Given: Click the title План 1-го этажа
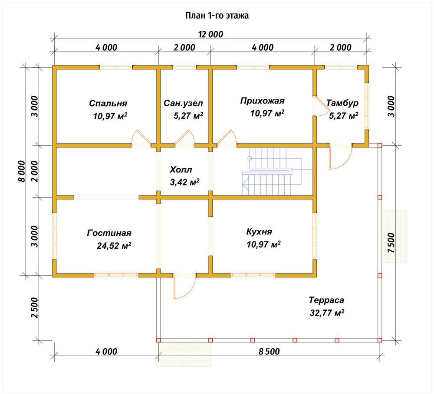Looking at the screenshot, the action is [217, 16].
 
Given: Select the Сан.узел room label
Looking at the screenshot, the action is [183, 103].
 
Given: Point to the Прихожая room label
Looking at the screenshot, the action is [262, 101].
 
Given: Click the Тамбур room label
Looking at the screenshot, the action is [342, 103].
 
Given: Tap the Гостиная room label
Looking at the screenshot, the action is [109, 233].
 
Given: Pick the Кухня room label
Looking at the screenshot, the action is [259, 231].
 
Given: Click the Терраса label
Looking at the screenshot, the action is [326, 300].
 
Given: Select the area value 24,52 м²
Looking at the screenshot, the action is [114, 245].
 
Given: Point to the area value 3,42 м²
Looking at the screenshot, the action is [184, 182].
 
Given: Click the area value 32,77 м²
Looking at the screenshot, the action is [327, 313].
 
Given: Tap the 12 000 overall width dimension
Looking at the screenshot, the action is [210, 34].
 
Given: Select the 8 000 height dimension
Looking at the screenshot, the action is [21, 171].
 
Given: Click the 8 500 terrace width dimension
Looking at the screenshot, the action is [269, 352].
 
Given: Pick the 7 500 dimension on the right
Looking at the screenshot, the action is [391, 242].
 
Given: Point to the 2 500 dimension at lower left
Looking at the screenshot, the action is [34, 307].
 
